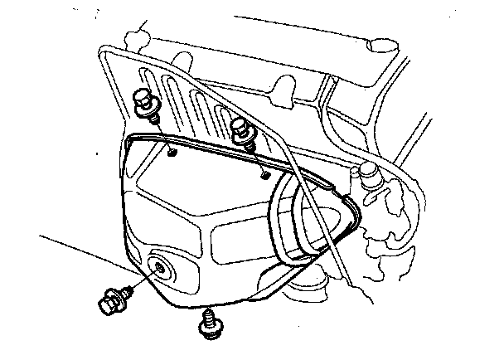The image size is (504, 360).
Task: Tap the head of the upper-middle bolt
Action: (x=242, y=125)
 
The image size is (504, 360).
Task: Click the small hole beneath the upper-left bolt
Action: (x=170, y=153)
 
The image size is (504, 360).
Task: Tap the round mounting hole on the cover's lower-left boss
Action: (x=157, y=268)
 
